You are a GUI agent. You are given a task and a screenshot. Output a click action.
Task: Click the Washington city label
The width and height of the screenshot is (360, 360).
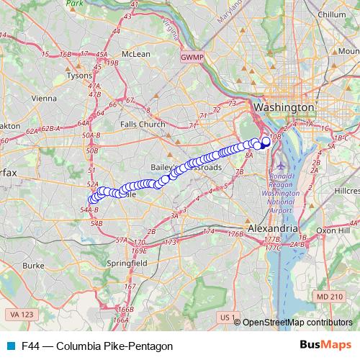285,107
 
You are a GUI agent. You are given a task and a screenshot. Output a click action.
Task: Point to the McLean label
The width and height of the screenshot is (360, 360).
135,54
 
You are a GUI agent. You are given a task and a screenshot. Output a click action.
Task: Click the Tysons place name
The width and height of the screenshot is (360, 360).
79,75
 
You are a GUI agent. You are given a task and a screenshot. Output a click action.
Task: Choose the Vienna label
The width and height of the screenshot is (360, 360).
44,98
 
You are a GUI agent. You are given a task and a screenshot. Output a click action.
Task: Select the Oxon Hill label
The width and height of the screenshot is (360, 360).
332,230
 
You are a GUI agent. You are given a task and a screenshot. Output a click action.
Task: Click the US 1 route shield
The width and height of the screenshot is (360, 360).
228,317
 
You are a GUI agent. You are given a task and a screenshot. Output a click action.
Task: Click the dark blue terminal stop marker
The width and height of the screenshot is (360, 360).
266,141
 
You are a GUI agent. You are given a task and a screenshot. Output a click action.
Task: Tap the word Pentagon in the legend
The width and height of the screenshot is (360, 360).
153,346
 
